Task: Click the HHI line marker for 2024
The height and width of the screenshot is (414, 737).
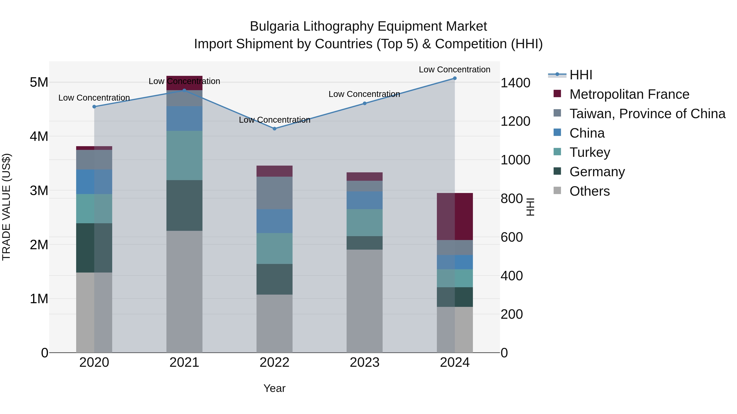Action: (455, 78)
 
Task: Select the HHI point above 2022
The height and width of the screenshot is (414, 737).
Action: (274, 129)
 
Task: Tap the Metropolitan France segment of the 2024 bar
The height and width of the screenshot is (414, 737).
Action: (455, 216)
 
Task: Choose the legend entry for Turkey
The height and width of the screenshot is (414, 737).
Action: (589, 152)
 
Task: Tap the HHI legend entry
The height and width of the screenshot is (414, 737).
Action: (581, 75)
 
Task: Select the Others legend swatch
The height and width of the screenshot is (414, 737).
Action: (557, 191)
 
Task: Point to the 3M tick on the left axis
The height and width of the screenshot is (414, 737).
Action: (39, 191)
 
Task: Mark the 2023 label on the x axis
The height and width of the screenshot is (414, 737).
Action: (364, 362)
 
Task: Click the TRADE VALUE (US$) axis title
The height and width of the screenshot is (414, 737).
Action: (6, 207)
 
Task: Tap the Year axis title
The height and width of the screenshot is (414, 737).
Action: (274, 388)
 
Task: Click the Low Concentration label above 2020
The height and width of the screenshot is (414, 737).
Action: (94, 98)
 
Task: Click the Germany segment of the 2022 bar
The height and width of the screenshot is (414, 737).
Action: (274, 279)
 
